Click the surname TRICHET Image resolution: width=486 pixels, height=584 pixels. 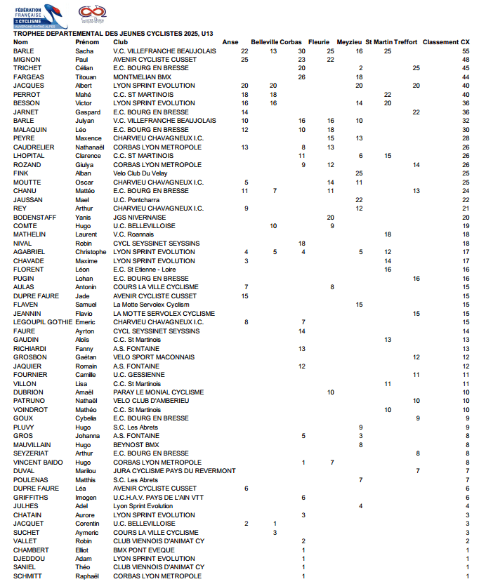pyautogui.click(x=27, y=68)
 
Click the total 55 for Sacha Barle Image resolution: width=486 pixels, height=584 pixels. pyautogui.click(x=466, y=51)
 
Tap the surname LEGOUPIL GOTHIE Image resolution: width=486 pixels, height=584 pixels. pyautogui.click(x=43, y=322)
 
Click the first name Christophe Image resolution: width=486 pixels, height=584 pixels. pyautogui.click(x=91, y=252)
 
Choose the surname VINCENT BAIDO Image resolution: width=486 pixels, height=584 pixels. pyautogui.click(x=38, y=463)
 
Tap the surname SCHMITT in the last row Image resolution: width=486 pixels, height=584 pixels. pyautogui.click(x=28, y=576)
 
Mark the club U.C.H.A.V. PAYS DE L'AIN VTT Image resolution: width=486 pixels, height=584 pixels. pyautogui.click(x=158, y=498)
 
